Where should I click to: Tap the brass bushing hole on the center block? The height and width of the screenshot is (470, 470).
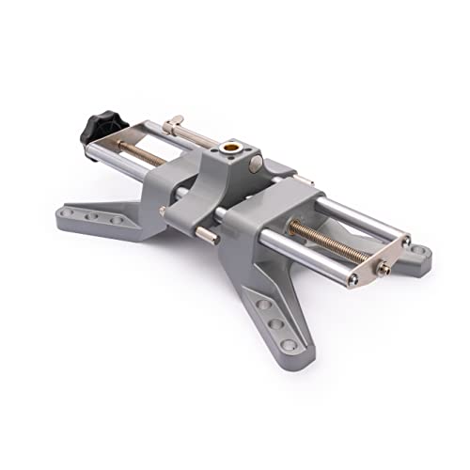click(230, 149)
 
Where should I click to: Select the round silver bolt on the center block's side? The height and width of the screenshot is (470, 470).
click(257, 166)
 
